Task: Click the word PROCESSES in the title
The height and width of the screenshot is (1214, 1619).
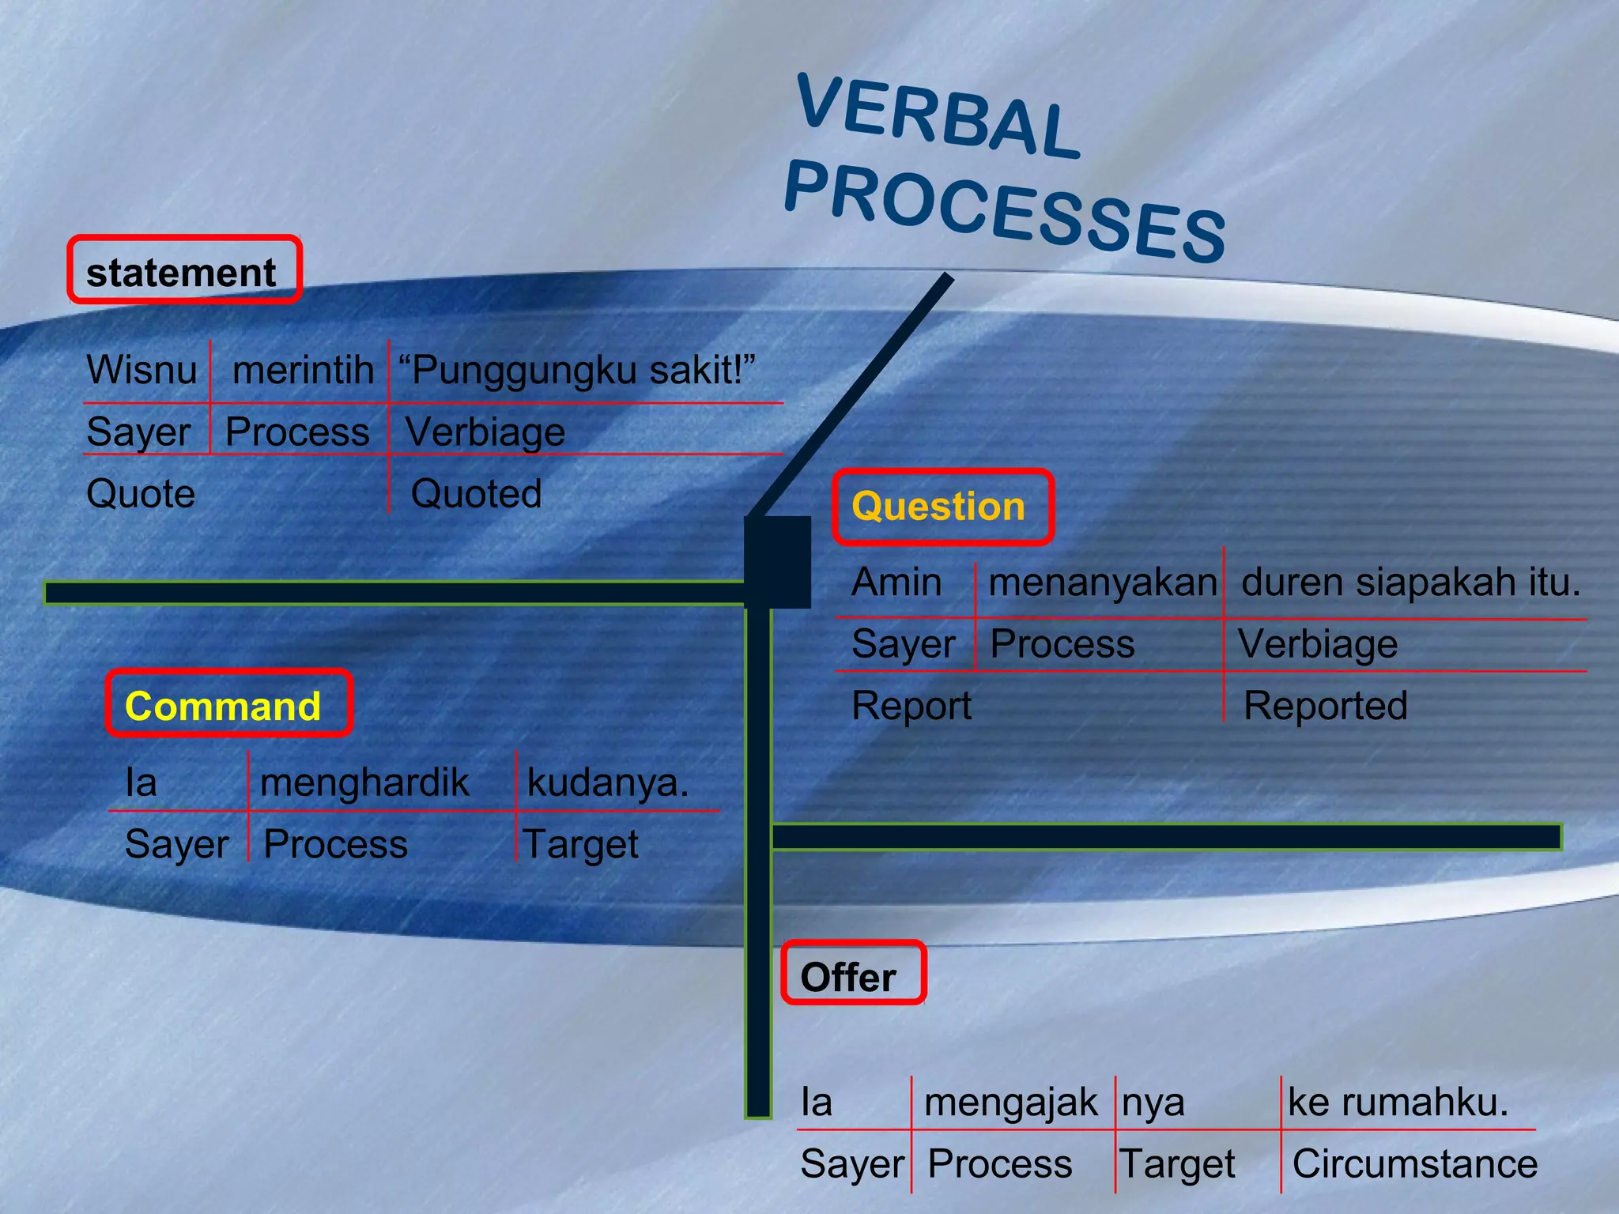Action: [1005, 210]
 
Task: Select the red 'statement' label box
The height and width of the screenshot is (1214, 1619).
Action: [183, 270]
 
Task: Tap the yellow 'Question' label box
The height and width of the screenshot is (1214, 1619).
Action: [942, 507]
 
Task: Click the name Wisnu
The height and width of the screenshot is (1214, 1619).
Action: [142, 369]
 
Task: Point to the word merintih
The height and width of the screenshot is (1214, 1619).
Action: [303, 369]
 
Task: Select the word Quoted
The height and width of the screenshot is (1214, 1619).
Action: [477, 493]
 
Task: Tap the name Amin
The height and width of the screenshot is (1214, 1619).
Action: [896, 582]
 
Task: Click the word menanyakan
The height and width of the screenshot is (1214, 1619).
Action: [1103, 582]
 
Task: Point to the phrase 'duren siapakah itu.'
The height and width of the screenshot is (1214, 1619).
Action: [1410, 582]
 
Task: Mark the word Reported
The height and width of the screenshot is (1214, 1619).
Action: [1326, 706]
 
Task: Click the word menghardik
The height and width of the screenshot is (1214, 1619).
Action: [364, 782]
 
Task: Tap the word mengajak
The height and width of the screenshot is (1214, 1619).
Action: [1011, 1102]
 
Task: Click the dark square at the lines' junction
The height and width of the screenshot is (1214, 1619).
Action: [778, 561]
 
